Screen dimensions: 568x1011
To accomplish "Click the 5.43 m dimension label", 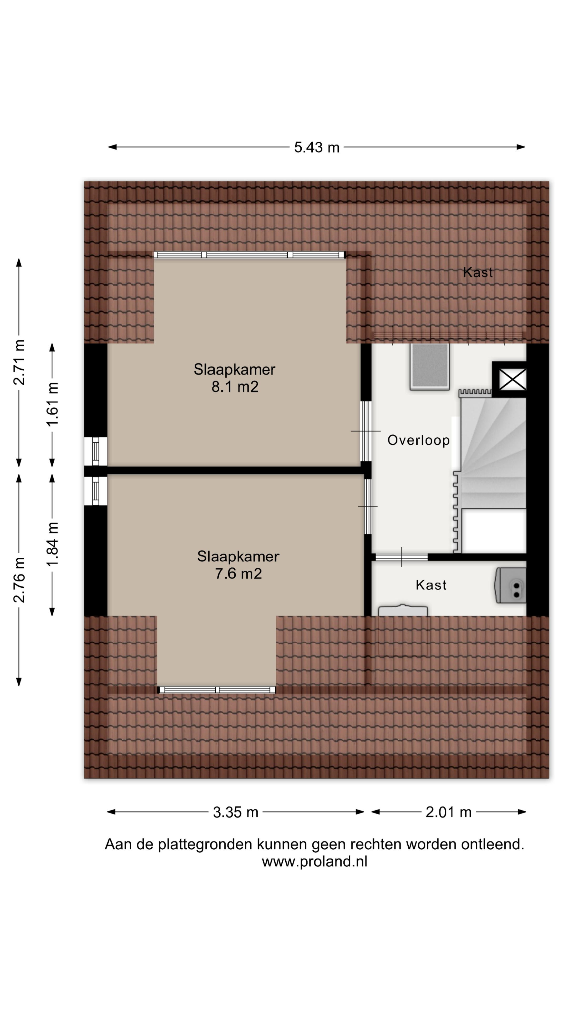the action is click(x=317, y=147).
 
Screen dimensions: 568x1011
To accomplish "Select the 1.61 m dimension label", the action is click(x=52, y=404).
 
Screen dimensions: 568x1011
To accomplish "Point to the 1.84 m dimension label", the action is click(x=52, y=544).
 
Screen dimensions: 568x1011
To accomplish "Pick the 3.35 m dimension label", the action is click(x=236, y=812).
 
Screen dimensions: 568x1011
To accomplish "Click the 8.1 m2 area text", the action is click(x=235, y=387).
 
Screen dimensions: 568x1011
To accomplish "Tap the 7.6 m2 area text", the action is click(x=238, y=574).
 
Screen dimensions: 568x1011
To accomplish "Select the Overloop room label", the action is click(x=418, y=440).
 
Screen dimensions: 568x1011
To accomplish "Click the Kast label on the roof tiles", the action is click(x=478, y=272).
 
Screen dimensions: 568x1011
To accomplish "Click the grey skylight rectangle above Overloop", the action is click(x=429, y=366).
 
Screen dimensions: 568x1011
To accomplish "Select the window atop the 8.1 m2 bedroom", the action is click(x=249, y=255).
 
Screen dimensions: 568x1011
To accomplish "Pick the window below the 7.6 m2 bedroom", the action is click(x=216, y=690).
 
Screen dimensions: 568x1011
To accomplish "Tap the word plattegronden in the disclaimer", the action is click(x=205, y=844).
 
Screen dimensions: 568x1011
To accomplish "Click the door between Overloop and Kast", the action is click(x=401, y=557).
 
